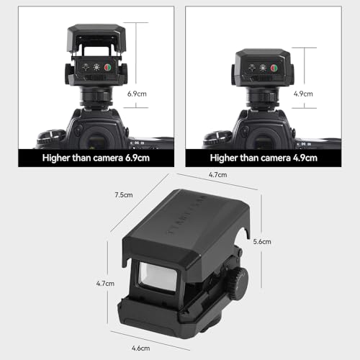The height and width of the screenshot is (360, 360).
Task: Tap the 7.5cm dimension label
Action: [x=123, y=195]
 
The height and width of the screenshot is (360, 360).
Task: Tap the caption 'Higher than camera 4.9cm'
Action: [x=266, y=158]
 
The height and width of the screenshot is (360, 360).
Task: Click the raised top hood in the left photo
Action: [x=92, y=36]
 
